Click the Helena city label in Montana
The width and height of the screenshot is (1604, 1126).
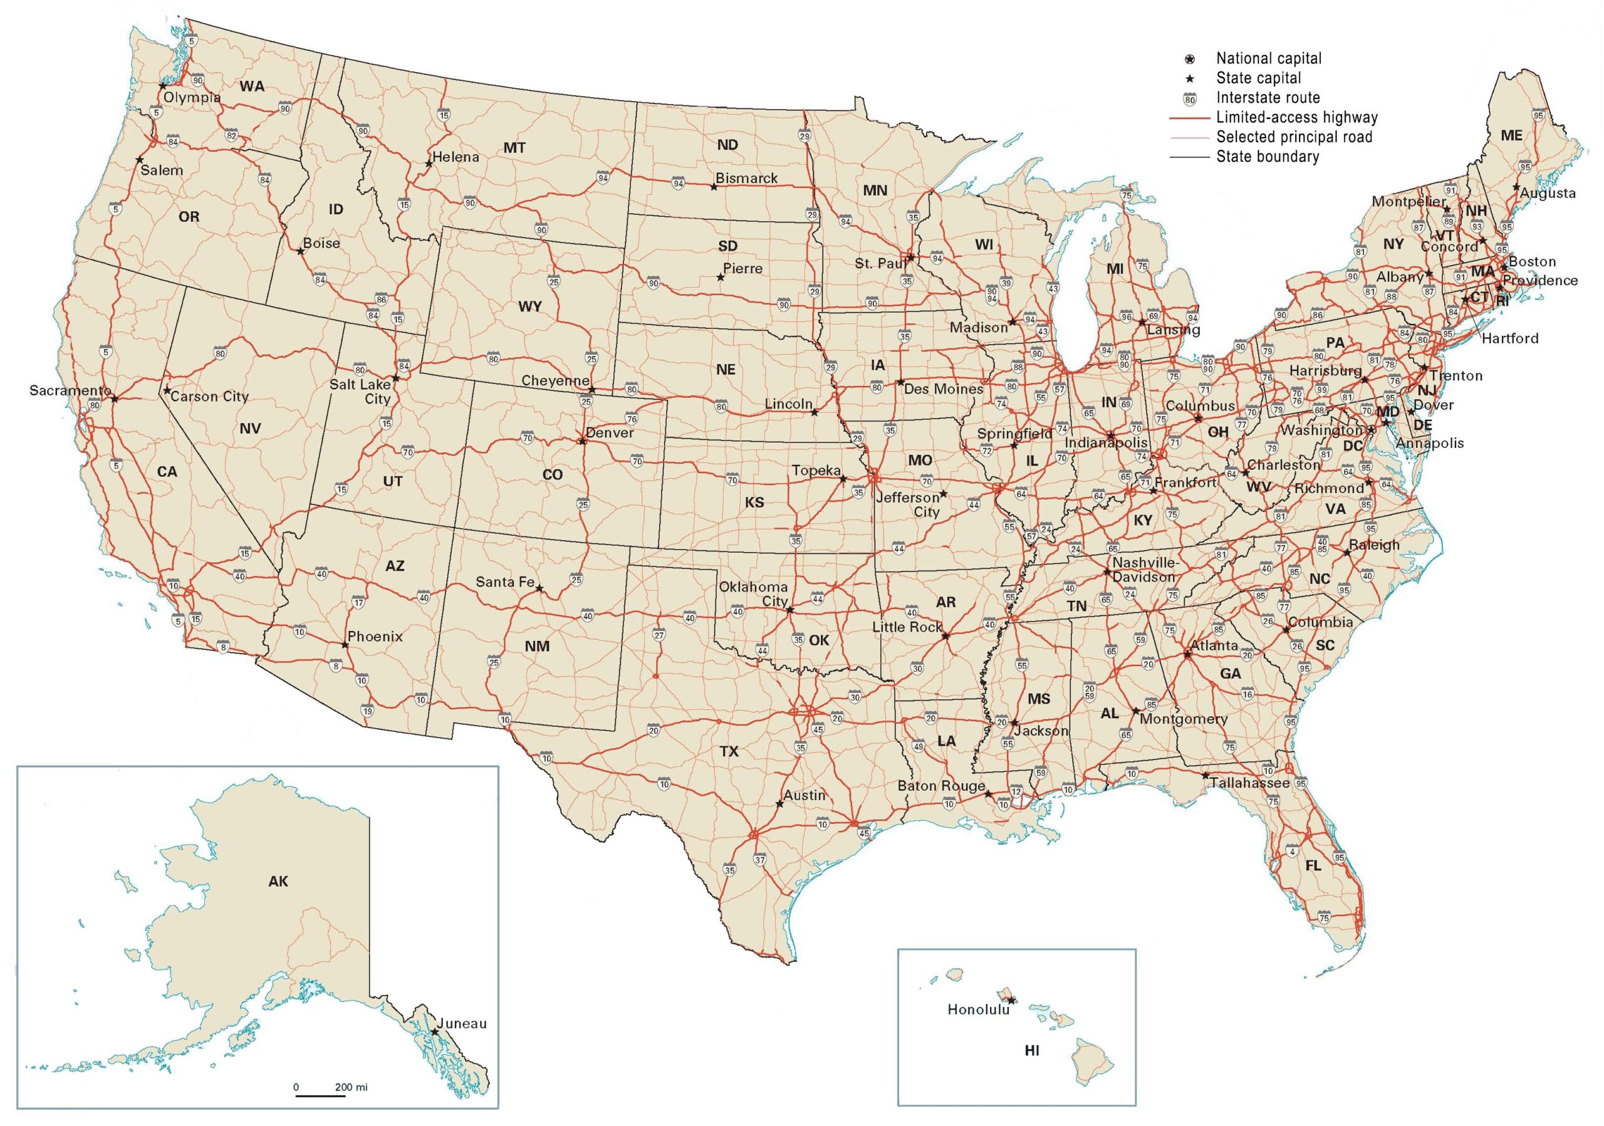(456, 157)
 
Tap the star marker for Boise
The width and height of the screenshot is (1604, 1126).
(300, 251)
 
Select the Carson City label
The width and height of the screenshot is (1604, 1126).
(209, 397)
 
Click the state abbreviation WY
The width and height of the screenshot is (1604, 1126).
(530, 306)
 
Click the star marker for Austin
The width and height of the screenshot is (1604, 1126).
(779, 804)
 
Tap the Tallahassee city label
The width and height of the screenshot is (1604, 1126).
(1251, 783)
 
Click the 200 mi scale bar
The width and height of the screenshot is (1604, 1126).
(321, 1095)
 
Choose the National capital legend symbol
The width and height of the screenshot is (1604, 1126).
(1190, 60)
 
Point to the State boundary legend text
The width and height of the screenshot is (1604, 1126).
(1268, 157)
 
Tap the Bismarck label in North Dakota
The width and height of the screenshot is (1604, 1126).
(746, 178)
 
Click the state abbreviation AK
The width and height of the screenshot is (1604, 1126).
(278, 882)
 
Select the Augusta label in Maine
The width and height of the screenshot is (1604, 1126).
(1548, 194)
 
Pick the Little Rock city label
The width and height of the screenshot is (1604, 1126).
(907, 627)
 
